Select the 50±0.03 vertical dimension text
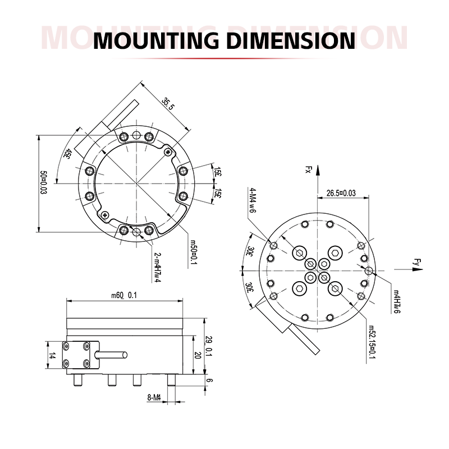tap(43, 183)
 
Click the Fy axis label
tap(416, 261)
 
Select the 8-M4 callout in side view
tap(154, 398)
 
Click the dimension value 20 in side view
tap(198, 355)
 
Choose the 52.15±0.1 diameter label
tap(372, 342)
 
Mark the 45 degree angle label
tap(69, 154)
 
